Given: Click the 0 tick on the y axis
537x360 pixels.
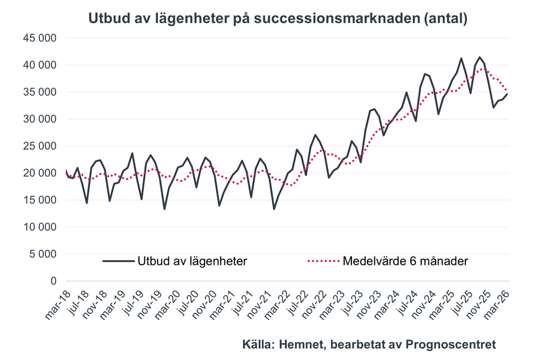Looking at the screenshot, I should point(53,281).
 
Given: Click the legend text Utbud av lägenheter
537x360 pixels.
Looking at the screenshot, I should point(193,261).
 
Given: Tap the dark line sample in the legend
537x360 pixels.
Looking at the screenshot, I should point(118,261).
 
